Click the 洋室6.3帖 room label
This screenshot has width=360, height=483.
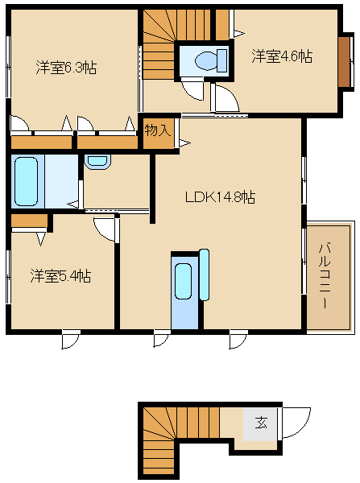click(66, 67)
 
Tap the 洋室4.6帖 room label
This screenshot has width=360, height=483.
click(282, 56)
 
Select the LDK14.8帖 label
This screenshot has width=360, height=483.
click(220, 197)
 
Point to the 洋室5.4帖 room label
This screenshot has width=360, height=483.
click(60, 276)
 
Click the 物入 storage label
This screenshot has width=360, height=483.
click(158, 130)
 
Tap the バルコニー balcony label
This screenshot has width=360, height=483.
click(325, 275)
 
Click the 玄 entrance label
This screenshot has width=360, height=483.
click(261, 423)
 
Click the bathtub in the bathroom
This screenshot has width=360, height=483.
click(27, 181)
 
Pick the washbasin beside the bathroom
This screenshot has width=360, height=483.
click(97, 162)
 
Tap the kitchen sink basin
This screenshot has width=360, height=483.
click(183, 281)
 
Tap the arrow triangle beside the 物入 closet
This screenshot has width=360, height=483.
click(185, 142)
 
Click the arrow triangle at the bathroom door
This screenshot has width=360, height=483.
click(73, 204)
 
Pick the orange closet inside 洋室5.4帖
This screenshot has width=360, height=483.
click(29, 221)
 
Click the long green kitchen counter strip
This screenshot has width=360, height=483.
click(205, 275)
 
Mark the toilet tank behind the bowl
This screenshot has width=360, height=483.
click(222, 60)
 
